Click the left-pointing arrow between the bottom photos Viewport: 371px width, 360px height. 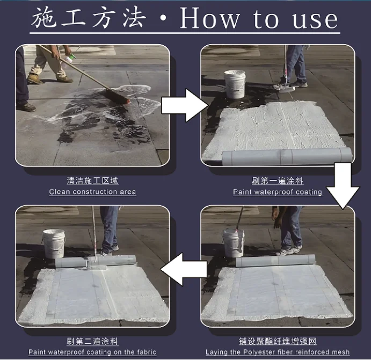tap(185, 267)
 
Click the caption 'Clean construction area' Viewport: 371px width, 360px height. tap(92, 192)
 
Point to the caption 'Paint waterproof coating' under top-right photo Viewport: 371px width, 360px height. tap(278, 192)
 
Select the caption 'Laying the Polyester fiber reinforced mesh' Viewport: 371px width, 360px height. tap(278, 352)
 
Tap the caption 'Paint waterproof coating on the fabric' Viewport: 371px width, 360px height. tap(92, 352)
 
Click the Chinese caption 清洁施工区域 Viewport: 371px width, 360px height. tap(92, 181)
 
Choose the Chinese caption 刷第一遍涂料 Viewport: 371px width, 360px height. tap(278, 181)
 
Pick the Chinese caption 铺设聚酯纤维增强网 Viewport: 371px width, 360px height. tap(278, 342)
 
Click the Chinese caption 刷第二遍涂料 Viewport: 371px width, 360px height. tap(92, 342)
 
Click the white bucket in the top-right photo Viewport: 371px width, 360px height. tap(235, 84)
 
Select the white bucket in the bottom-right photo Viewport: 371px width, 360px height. tap(234, 242)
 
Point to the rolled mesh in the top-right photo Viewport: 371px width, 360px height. tap(287, 156)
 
